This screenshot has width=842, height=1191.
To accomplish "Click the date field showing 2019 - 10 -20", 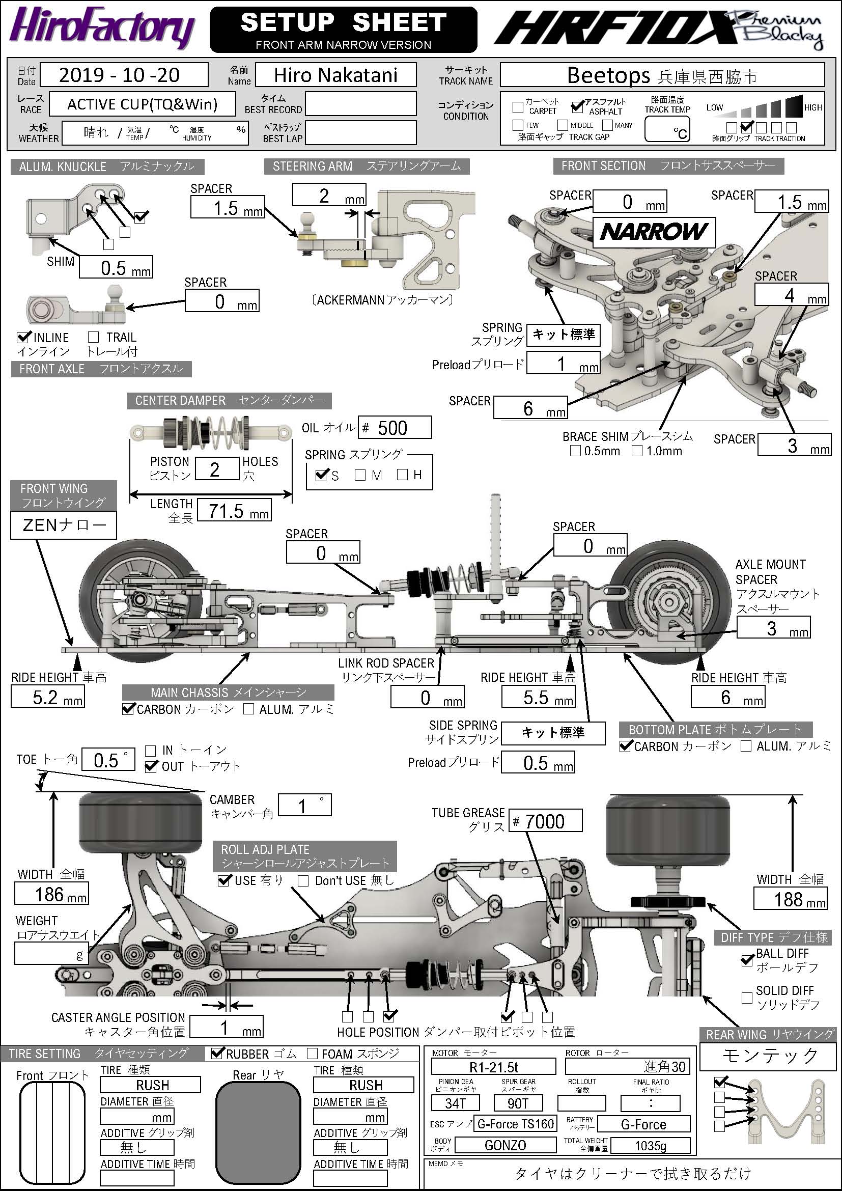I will (124, 75).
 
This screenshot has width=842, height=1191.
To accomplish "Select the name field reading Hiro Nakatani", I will (335, 75).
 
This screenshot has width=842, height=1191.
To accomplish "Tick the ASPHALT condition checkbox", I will (577, 107).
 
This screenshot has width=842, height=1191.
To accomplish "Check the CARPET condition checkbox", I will (517, 107).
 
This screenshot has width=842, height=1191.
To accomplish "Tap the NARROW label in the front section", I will (654, 232).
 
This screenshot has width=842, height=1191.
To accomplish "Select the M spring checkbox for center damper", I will (360, 475).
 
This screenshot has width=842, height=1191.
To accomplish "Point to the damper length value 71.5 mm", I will (234, 511).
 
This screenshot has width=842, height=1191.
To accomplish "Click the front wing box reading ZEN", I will (63, 525).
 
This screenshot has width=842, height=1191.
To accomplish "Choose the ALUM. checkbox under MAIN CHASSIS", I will (248, 709).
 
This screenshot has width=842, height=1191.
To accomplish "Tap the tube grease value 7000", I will (545, 822).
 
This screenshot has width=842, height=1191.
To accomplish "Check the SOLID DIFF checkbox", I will (747, 998).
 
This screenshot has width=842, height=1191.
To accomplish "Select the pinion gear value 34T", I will (455, 1103).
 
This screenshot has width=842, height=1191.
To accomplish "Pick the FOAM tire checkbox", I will (312, 1054).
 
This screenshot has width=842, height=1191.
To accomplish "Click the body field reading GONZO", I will (505, 1145).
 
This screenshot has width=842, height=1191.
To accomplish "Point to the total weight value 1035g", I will (650, 1145).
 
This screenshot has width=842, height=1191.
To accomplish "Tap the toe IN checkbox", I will (151, 750).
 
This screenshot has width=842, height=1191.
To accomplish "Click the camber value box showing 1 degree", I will (304, 805).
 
